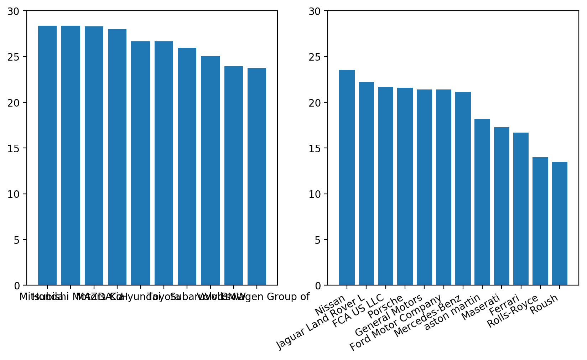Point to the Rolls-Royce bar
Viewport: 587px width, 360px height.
pyautogui.click(x=540, y=221)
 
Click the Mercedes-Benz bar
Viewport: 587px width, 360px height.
pyautogui.click(x=463, y=189)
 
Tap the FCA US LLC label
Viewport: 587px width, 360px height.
pyautogui.click(x=358, y=310)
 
